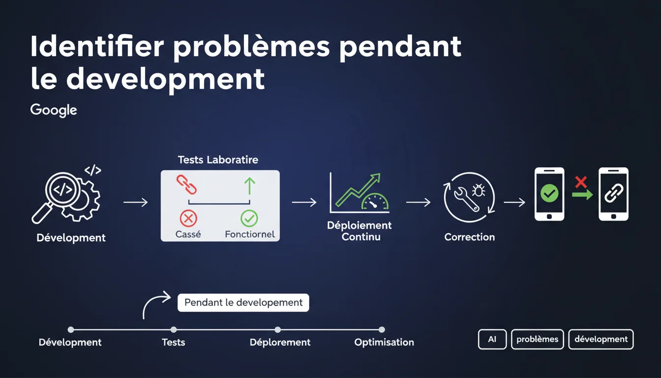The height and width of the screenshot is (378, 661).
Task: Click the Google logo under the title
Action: tap(54, 110)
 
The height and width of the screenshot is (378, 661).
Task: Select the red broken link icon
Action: tap(186, 185)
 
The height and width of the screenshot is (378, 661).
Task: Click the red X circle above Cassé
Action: tap(188, 217)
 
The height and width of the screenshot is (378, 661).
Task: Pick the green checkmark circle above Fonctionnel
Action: tap(249, 217)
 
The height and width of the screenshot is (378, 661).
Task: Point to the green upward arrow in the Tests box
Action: tap(249, 186)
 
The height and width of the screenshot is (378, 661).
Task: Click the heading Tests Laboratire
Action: tap(218, 159)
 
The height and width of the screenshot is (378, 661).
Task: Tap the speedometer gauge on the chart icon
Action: tap(375, 202)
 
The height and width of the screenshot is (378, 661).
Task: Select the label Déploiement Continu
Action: tap(360, 231)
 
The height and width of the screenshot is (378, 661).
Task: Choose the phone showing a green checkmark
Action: tap(549, 194)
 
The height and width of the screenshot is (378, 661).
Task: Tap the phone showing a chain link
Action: tap(613, 194)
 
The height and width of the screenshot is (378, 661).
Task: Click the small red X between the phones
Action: tap(581, 182)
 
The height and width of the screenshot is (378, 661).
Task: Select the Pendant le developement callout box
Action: tap(243, 302)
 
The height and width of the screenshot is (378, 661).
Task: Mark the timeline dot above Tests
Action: tap(174, 330)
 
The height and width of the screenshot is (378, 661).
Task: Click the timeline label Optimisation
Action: tap(384, 342)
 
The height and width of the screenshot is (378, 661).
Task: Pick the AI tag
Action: tap(492, 339)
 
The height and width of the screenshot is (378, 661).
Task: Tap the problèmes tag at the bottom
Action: tap(537, 339)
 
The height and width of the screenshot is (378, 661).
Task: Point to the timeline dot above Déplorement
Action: tap(278, 330)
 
